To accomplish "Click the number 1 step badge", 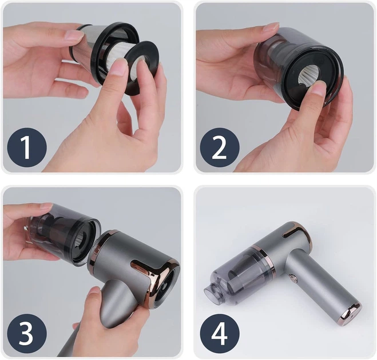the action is click(x=27, y=147).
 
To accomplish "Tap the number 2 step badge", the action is click(x=220, y=147).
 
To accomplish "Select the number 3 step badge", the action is click(x=27, y=333).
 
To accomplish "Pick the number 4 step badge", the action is click(x=220, y=333).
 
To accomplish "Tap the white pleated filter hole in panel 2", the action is click(x=308, y=75).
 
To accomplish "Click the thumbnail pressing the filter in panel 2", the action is click(x=320, y=87).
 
